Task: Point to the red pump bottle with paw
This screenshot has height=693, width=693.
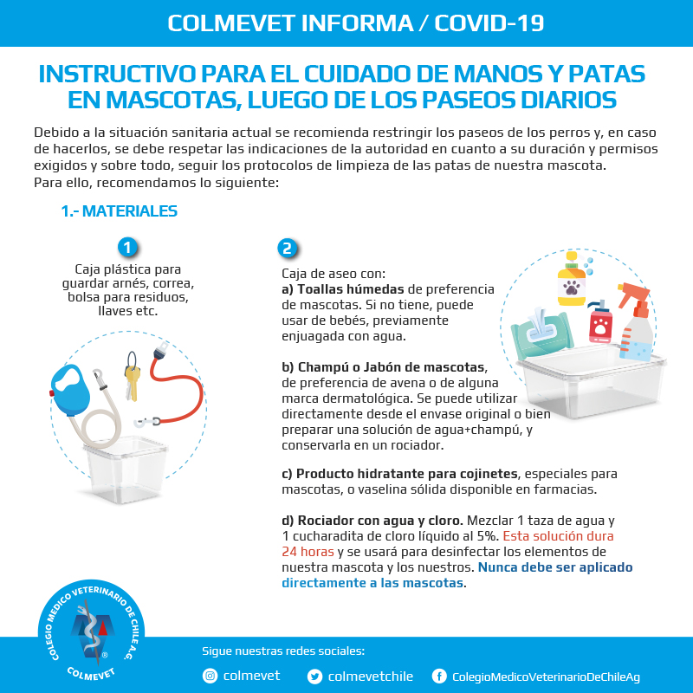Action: pos(600,322)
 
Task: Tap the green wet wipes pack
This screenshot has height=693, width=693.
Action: pos(541,333)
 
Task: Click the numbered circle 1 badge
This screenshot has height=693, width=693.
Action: pos(127,248)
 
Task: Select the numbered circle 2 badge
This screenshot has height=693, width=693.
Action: pos(288,248)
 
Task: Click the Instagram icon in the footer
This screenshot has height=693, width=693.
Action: pos(210,676)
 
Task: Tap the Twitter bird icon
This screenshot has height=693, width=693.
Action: pos(314,677)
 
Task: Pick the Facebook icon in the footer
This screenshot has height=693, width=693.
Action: pos(439,677)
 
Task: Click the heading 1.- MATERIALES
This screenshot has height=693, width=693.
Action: pos(119,211)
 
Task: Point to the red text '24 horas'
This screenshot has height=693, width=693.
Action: pos(308,552)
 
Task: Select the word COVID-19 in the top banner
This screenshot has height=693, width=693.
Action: pos(489,23)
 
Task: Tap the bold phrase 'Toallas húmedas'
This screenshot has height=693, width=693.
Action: pos(351,289)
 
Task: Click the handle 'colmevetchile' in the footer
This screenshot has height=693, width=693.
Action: pos(371,677)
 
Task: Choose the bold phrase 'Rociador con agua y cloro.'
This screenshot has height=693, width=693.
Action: pos(380,521)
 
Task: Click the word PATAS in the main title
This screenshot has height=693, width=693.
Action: pos(606,74)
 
